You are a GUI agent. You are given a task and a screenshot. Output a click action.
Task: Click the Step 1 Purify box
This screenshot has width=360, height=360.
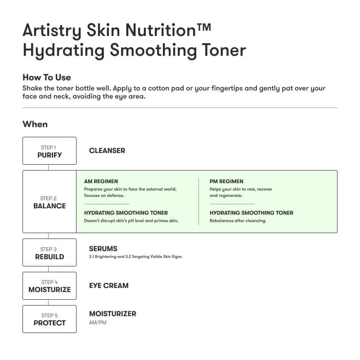tap(49, 151)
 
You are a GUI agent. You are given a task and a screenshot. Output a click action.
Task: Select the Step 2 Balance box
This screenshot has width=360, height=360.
tap(49, 202)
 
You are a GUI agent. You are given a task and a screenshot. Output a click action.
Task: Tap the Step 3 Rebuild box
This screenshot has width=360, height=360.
tap(49, 252)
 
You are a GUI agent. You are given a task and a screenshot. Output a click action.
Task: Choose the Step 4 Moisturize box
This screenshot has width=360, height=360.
tap(49, 286)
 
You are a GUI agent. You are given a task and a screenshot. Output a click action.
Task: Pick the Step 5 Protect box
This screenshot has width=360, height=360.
tap(49, 319)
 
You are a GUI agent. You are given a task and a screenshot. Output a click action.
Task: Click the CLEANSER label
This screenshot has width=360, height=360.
tap(107, 150)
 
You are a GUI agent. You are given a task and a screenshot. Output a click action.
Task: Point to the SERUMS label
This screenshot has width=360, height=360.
tap(103, 248)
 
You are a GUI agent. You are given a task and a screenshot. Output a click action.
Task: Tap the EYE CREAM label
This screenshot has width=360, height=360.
tap(108, 285)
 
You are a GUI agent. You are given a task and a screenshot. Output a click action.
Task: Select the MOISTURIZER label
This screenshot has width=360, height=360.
tap(112, 314)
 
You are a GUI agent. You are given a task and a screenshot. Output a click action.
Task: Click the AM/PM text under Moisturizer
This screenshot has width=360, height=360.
tap(98, 323)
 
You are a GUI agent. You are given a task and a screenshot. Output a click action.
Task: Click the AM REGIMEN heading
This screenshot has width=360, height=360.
tap(101, 181)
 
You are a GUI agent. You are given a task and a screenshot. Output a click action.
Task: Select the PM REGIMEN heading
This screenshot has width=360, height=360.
tap(226, 181)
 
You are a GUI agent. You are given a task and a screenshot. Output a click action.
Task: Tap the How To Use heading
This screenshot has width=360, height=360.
tap(46, 77)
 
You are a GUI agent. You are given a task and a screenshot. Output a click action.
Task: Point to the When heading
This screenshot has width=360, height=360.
tap(35, 124)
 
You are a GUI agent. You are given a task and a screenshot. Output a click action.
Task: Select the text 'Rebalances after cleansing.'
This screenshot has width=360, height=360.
tap(238, 220)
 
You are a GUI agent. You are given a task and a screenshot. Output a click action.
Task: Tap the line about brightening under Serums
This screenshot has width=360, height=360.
tap(135, 256)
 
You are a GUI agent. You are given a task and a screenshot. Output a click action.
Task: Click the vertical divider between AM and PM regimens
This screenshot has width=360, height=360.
tap(198, 201)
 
